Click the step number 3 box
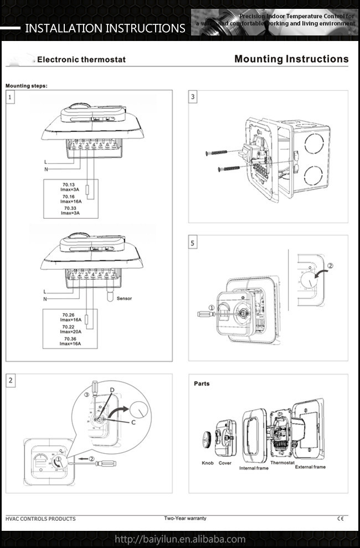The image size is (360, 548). tap(193, 97)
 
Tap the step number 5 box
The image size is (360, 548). tap(193, 243)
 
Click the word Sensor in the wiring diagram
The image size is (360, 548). tap(124, 298)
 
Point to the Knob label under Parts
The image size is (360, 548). tap(208, 463)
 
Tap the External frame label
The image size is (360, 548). tap(310, 467)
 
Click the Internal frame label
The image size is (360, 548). tap(254, 468)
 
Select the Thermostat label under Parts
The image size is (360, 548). tap(282, 462)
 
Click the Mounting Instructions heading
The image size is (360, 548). tap(291, 59)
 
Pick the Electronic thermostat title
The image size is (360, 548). tap(81, 60)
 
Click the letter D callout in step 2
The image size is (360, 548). tap(112, 391)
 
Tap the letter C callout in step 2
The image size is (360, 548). tap(133, 423)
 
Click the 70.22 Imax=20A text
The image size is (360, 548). tap(71, 329)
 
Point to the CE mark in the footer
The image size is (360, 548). tap(340, 519)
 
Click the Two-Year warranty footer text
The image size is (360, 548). tap(185, 518)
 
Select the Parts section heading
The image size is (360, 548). tap(202, 383)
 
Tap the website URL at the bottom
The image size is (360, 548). tap(179, 539)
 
